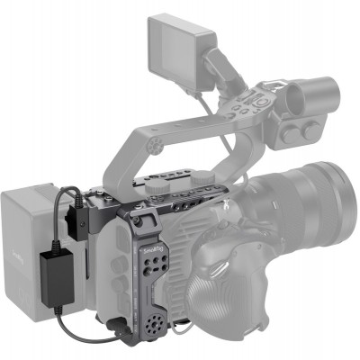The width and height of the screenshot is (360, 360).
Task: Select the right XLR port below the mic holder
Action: tap(310, 130)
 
